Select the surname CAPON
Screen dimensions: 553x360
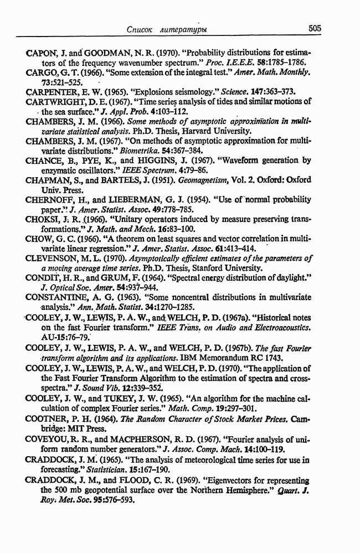click(x=42, y=54)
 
